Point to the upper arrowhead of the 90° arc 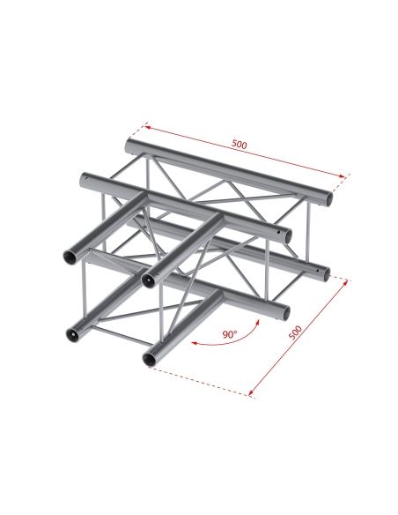259,325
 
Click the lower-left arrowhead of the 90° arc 195,340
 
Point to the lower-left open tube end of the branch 70,334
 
